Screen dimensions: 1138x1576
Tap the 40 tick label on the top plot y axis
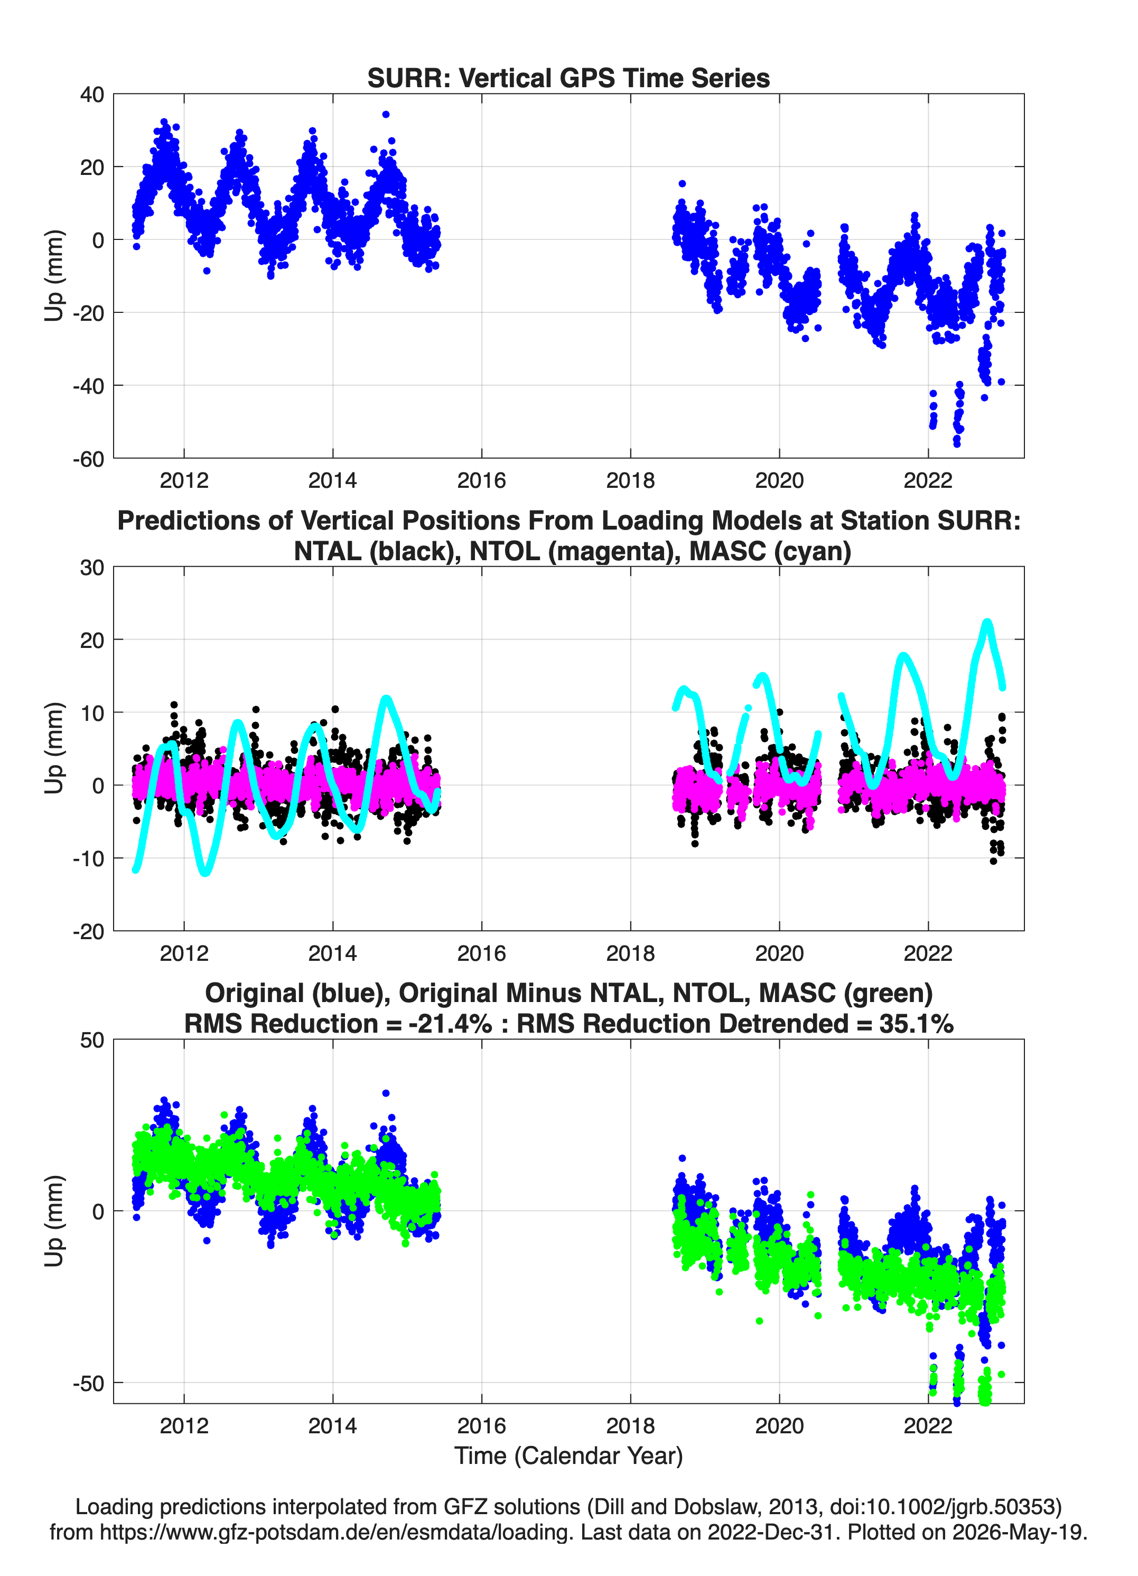[x=92, y=95]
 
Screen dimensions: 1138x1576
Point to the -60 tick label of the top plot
[x=88, y=459]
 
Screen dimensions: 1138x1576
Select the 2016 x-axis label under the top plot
[x=481, y=480]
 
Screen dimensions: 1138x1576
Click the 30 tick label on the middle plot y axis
[x=92, y=568]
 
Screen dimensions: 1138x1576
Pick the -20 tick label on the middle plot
[x=88, y=931]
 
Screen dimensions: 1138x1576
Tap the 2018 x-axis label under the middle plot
[x=630, y=953]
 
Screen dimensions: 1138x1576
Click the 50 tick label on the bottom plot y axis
[x=92, y=1040]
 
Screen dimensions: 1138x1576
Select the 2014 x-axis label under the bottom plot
[x=333, y=1426]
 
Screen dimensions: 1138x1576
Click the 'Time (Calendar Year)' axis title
[x=568, y=1456]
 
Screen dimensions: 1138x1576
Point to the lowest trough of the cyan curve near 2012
[x=205, y=872]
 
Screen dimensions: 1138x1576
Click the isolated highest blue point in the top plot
[x=386, y=115]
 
